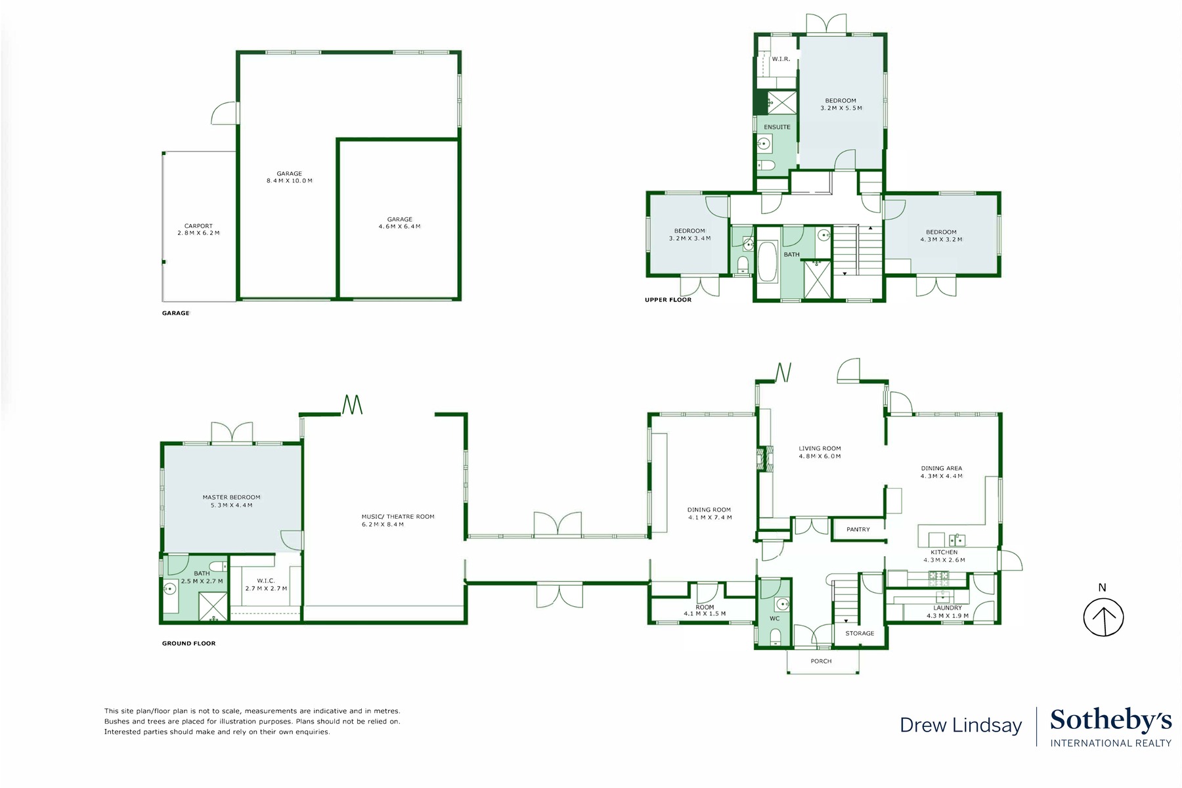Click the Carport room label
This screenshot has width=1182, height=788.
[198, 226]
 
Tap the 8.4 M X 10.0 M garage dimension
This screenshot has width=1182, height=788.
[290, 181]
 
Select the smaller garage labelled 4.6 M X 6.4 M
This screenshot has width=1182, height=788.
[399, 223]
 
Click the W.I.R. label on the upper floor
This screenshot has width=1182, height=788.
[781, 59]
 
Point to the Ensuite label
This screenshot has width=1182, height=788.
[777, 127]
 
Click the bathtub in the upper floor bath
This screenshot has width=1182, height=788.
[766, 261]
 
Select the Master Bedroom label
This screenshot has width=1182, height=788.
[231, 497]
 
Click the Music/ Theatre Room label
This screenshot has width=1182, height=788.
[397, 517]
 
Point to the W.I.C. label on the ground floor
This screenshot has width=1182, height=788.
[266, 581]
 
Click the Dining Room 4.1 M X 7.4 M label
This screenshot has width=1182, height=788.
[709, 514]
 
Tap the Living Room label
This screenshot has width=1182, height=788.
[820, 449]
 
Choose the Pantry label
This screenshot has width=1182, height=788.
[858, 529]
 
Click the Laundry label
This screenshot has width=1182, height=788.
[947, 608]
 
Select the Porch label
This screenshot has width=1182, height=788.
[821, 661]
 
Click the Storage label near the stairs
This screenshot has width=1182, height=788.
[860, 633]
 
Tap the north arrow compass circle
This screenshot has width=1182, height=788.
[1103, 617]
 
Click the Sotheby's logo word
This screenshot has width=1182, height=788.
[1110, 720]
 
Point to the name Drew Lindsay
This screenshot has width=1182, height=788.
[961, 726]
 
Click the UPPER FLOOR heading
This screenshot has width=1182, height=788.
[668, 300]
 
